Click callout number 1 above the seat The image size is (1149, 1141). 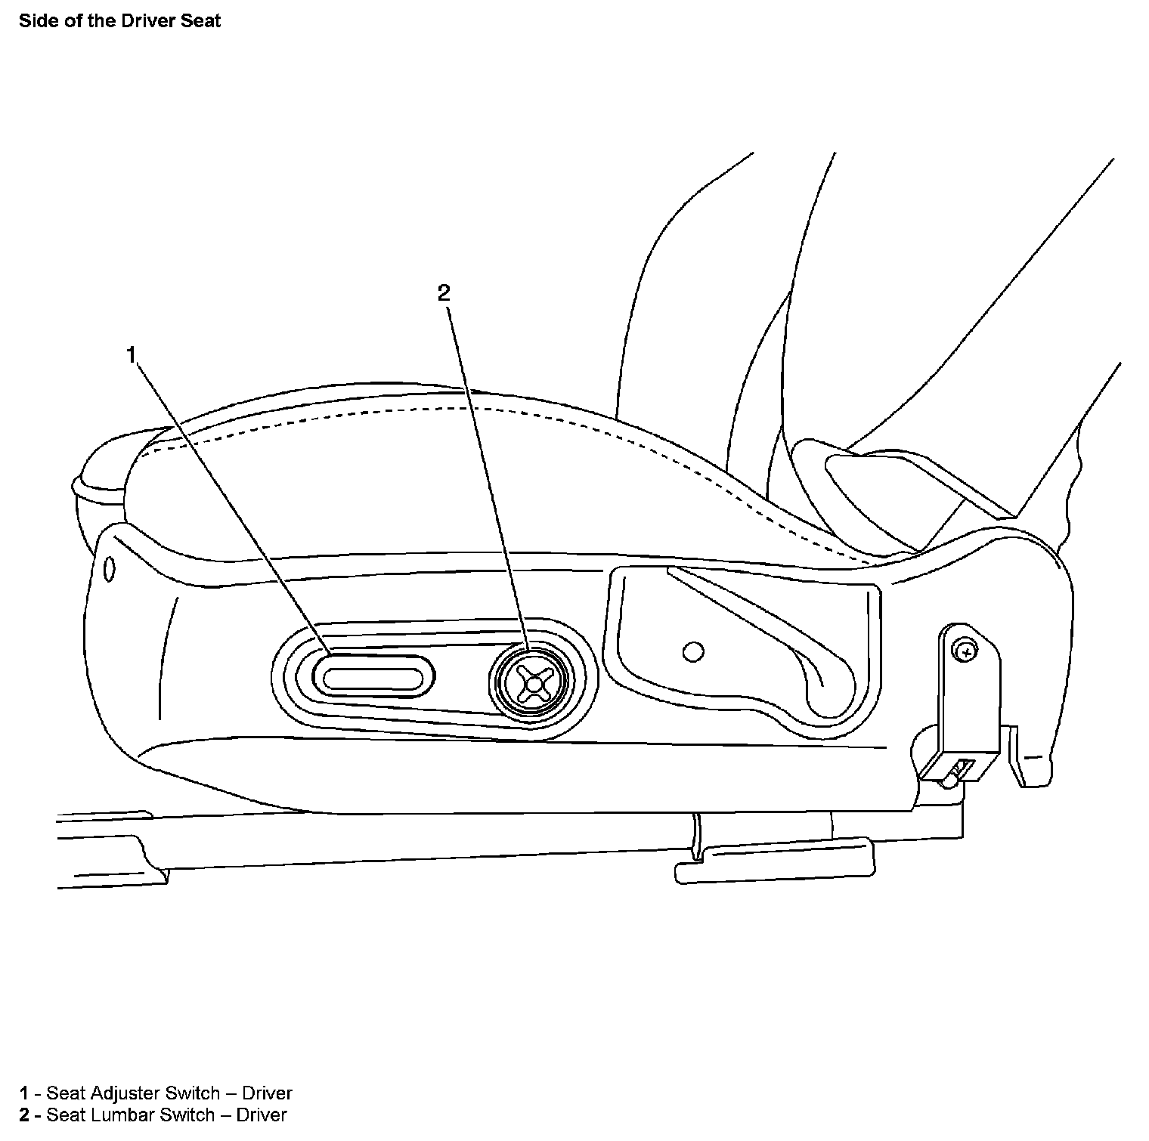coord(132,354)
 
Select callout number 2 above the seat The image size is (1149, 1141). coord(444,293)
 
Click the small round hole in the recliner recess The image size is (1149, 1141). coord(692,651)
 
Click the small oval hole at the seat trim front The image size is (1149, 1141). coord(109,569)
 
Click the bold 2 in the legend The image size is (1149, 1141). coord(24,1115)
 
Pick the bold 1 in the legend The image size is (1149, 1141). coord(24,1093)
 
